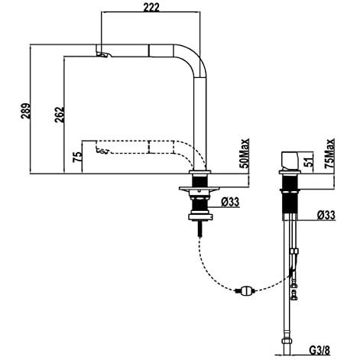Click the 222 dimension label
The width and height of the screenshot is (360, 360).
(151, 7)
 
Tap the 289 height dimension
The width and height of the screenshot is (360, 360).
(26, 111)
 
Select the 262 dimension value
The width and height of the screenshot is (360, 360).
(60, 115)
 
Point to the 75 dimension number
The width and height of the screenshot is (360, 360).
(77, 157)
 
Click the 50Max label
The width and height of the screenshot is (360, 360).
(245, 154)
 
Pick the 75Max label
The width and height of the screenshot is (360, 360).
(329, 154)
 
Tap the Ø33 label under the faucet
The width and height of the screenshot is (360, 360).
(230, 202)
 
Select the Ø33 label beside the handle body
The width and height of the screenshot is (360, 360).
(326, 215)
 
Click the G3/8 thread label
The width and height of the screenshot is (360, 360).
(319, 350)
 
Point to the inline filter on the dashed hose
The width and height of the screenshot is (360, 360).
(246, 290)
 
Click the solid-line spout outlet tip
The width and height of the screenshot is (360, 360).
(103, 54)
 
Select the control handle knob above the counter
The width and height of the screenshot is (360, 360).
(290, 161)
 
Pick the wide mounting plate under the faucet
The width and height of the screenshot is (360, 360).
(199, 189)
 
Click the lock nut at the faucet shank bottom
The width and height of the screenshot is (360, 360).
(200, 217)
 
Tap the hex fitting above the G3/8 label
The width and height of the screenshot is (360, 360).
(287, 341)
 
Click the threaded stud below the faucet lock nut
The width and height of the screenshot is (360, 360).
(200, 229)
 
